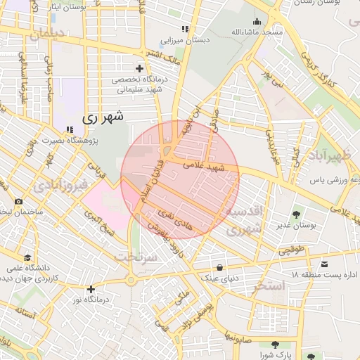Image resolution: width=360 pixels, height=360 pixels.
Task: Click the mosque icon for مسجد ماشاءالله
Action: (257, 21)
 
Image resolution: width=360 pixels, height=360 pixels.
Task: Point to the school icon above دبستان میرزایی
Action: (185, 29)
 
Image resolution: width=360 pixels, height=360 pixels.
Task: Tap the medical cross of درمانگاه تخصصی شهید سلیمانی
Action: (139, 68)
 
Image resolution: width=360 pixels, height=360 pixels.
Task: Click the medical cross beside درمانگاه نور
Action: (90, 288)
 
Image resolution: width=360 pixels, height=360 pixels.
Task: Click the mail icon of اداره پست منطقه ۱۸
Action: (323, 264)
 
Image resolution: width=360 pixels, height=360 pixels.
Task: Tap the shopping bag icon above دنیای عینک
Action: (221, 267)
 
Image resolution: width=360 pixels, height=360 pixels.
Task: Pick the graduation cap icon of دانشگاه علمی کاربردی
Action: (27, 257)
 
